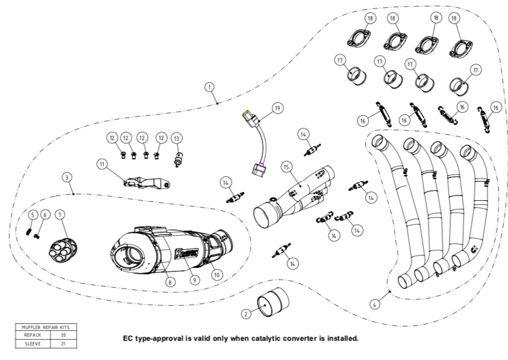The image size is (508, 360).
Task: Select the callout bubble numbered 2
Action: pos(246,314)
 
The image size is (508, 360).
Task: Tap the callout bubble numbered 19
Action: pos(277,108)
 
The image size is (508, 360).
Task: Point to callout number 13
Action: pos(177,138)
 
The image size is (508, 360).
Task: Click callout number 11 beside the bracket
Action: pos(102,165)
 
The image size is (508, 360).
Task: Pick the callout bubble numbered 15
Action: pos(286,166)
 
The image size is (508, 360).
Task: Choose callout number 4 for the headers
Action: pos(375,303)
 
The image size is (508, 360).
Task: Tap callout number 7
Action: pos(60,215)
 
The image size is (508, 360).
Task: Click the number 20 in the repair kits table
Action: pos(63,335)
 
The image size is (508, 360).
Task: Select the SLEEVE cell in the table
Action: pos(33,344)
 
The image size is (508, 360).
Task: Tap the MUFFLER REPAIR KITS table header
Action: pos(46,327)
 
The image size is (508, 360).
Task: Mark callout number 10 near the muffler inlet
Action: pos(217,273)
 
